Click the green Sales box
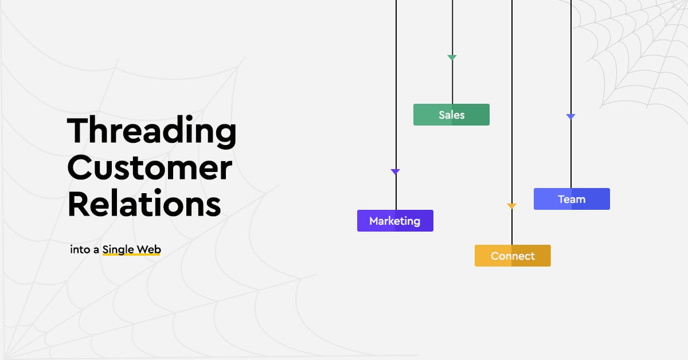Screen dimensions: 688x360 451,115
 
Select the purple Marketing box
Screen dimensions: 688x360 395,221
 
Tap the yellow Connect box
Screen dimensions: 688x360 513,256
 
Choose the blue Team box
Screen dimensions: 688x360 572,199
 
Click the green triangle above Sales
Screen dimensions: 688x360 452,57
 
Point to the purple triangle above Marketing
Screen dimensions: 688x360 395,171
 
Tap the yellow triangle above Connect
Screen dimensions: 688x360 511,206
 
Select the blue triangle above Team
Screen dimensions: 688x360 570,116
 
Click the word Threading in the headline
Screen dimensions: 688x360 152,132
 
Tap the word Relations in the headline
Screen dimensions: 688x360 144,204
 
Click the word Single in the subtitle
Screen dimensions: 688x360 118,250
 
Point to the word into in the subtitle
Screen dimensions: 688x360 80,249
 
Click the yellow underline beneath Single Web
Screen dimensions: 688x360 131,254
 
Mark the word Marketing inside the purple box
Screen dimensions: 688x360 394,221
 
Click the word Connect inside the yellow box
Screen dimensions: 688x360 513,256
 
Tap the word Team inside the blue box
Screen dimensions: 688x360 572,199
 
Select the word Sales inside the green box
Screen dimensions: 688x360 452,115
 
